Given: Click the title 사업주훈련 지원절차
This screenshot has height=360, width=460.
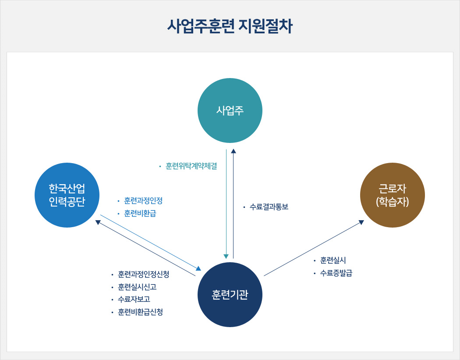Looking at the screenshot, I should (x=230, y=26).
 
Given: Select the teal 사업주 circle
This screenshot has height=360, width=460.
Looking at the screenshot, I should (x=230, y=110).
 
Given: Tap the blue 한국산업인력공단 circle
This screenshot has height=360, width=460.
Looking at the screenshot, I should (x=67, y=195).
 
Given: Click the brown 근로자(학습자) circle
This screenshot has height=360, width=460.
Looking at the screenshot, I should (x=393, y=195).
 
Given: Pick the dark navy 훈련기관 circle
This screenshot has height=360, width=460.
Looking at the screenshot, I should (x=230, y=295).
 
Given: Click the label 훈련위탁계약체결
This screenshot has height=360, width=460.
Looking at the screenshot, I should (x=191, y=167).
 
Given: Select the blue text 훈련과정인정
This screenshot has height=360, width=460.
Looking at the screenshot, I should (x=143, y=201).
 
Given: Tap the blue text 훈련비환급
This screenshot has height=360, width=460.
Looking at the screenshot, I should (x=140, y=214).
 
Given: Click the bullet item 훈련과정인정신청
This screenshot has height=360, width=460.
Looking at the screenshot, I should (x=143, y=274).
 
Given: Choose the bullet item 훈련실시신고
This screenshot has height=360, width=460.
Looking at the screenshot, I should (x=137, y=287).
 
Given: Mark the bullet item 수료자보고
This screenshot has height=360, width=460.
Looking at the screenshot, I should (x=134, y=299).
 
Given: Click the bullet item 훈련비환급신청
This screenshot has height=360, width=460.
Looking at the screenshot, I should (x=140, y=312).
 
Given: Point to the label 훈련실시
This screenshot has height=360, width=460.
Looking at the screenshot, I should (x=333, y=260).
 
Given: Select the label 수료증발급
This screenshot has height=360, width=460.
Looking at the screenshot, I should (x=336, y=273).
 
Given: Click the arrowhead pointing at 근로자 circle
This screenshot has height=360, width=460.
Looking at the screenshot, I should (x=361, y=222).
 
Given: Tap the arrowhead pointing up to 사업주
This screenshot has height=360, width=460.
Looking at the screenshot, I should (x=234, y=151).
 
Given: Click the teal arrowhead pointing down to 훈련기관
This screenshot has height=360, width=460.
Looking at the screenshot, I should (x=226, y=257).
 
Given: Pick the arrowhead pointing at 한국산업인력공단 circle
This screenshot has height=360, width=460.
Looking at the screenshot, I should (x=98, y=222).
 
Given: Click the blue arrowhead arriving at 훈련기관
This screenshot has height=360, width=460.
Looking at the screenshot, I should (x=198, y=268).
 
